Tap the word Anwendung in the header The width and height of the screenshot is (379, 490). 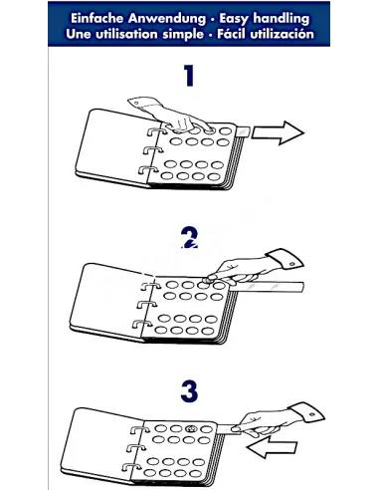167,19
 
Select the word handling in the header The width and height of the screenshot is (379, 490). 282,19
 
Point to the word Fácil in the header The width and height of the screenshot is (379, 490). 231,33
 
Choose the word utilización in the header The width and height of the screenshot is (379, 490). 282,34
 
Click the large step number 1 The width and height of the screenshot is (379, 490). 189,76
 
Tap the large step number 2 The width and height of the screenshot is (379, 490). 189,238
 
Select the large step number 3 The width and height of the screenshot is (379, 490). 189,390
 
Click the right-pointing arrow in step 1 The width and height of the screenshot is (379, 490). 278,132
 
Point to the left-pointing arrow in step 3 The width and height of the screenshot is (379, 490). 272,447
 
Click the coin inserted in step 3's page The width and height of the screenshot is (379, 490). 191,429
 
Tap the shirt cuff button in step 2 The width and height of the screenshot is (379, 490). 291,264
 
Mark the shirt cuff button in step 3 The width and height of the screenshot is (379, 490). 312,414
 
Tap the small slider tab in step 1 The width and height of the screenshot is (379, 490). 244,131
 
